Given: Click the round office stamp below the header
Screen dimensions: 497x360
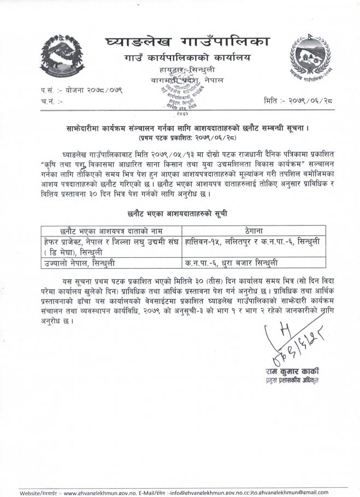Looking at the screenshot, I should pos(179,98).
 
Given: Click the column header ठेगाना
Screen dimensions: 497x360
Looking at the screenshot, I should pos(256,231).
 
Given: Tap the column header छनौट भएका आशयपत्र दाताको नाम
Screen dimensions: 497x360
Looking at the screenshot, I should pos(111,231).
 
